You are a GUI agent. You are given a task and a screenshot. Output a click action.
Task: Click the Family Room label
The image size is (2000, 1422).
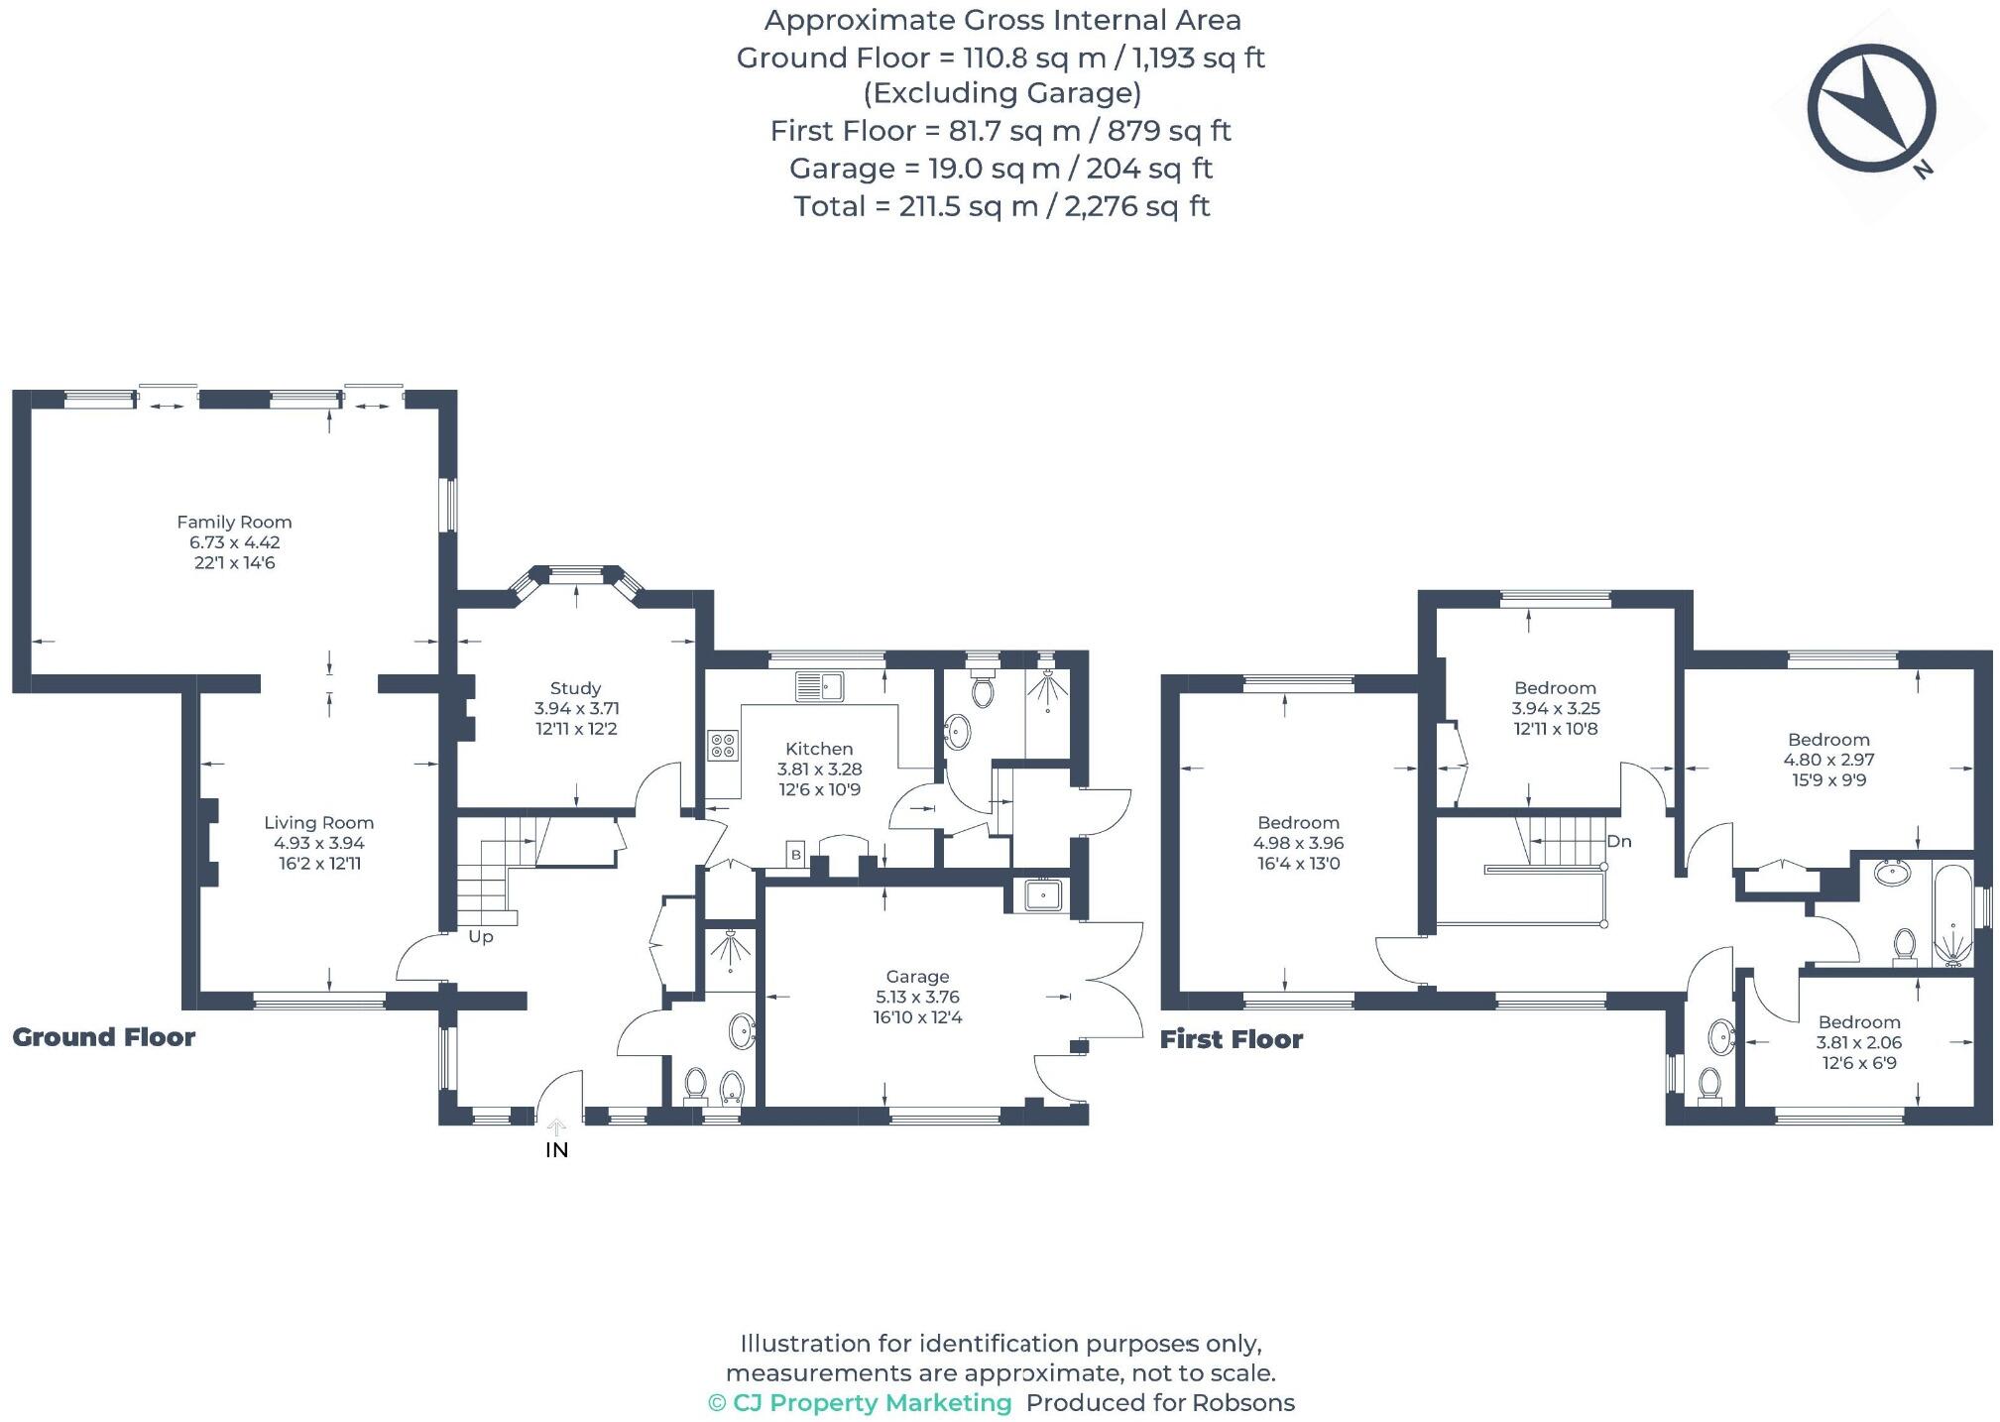(234, 522)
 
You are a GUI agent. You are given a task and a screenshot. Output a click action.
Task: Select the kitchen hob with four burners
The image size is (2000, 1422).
(722, 746)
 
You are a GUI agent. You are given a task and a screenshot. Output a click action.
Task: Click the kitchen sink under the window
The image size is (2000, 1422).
(819, 685)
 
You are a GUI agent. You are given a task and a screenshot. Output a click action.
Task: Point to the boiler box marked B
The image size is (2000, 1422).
(795, 855)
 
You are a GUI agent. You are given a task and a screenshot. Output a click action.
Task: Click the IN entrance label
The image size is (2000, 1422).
(556, 1150)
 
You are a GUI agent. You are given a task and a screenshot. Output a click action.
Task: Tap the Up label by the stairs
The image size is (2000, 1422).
(480, 937)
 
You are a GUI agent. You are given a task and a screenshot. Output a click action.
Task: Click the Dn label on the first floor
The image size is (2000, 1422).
(1618, 842)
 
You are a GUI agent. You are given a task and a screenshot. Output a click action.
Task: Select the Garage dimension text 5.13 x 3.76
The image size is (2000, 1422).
(917, 997)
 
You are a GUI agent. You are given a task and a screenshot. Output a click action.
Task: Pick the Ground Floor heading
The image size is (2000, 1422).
(104, 1037)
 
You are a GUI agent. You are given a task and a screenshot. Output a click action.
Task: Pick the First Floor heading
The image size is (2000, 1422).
(1232, 1039)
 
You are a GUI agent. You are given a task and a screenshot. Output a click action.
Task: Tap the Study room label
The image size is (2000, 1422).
(575, 688)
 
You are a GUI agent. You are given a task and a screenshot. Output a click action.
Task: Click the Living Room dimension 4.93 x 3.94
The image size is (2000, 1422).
(319, 843)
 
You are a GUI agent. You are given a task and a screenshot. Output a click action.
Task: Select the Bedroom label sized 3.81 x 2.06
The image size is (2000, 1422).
(1859, 1022)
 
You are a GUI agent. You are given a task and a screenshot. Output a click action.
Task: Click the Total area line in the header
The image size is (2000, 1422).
(1001, 206)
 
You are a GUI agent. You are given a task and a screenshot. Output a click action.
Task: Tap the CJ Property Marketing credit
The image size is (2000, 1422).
(860, 1403)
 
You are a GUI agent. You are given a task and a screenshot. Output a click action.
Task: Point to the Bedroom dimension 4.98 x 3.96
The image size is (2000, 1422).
(1298, 843)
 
